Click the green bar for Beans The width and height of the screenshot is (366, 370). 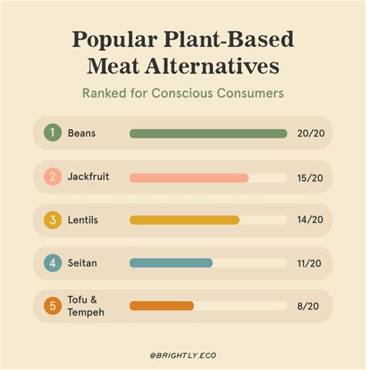(208, 134)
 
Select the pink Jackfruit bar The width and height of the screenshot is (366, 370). (189, 178)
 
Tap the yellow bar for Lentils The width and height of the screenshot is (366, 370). (185, 220)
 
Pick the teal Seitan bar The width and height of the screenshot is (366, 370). (171, 263)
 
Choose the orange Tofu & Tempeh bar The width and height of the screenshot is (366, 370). (161, 306)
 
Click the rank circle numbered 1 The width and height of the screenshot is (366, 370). (52, 134)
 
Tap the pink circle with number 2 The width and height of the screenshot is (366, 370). (52, 177)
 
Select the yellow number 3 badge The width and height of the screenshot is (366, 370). (52, 220)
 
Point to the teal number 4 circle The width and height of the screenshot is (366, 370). (52, 263)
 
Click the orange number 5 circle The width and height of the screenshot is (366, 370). (52, 306)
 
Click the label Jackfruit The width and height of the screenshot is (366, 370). (88, 177)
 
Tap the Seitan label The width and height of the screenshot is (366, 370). (83, 263)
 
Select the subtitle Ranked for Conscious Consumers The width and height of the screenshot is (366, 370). (182, 93)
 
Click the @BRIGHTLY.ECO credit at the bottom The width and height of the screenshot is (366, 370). (183, 355)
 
